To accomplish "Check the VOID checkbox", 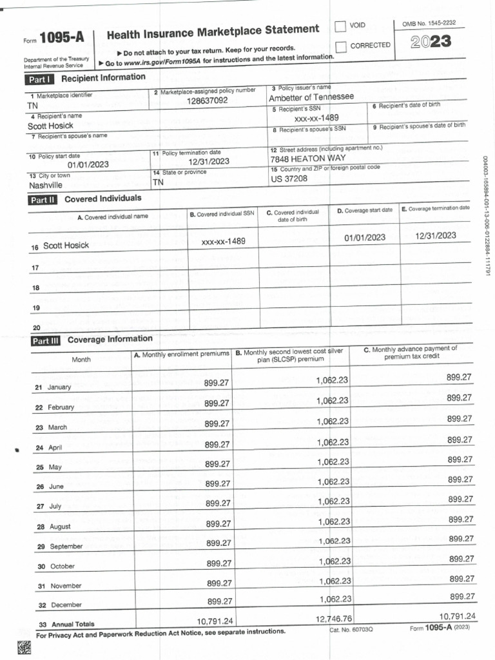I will click(x=340, y=26).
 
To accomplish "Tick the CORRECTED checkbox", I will click(x=340, y=46).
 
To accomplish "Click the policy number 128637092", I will click(x=207, y=101).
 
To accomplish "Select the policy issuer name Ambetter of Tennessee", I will click(x=311, y=97).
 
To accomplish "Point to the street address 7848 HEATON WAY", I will click(x=308, y=158).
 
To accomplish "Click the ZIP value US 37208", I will click(x=289, y=179).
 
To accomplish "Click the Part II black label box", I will click(x=43, y=200).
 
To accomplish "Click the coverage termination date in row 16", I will click(x=436, y=235).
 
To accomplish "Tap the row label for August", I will click(x=60, y=527).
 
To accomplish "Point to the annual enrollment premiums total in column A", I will click(x=215, y=621).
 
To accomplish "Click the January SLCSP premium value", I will click(x=332, y=380).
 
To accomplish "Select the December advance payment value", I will click(x=461, y=596).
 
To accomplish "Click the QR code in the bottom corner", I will click(x=24, y=648).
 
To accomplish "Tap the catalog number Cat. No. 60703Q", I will click(x=351, y=629).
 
